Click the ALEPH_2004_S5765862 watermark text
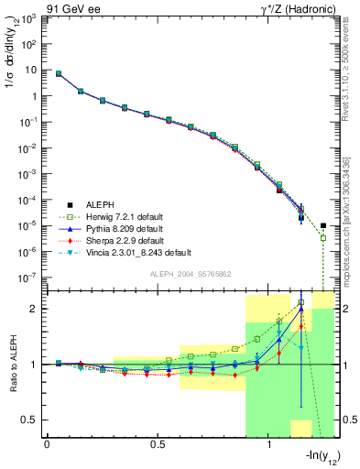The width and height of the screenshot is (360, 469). [x=191, y=274]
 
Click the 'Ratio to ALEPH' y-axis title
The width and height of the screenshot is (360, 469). [x=11, y=364]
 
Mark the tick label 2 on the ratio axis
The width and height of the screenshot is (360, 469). [x=37, y=309]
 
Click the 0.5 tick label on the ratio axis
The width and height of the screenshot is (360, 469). [x=33, y=420]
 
